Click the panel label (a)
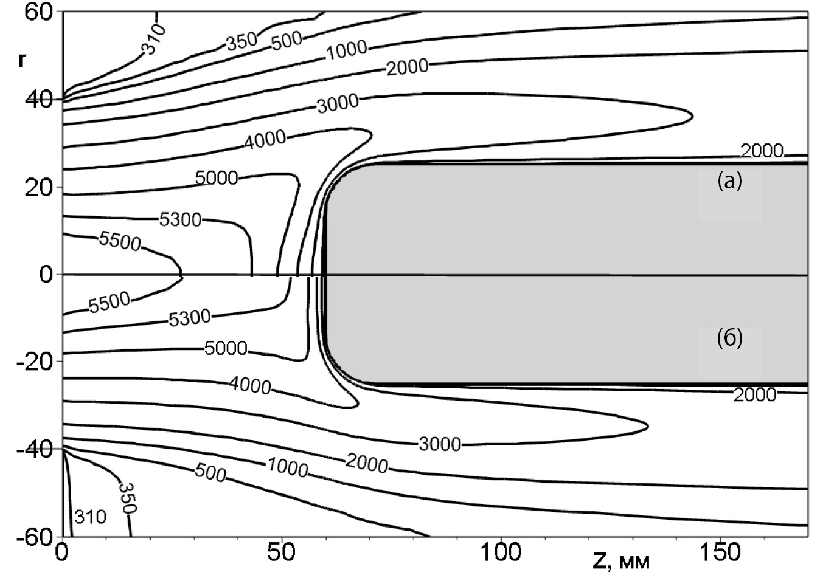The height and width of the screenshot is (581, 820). [729, 181]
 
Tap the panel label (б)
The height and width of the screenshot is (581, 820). [729, 338]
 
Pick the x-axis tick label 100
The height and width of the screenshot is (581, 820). [501, 552]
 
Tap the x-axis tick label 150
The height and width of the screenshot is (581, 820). [720, 552]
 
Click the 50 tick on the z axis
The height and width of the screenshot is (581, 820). [282, 552]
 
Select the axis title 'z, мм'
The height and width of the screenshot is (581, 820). [621, 560]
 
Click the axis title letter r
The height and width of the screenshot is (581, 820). [22, 60]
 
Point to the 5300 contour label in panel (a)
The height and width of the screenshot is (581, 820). [180, 219]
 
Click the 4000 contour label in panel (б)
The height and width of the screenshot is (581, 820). [250, 385]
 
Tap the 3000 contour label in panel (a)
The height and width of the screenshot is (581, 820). [338, 103]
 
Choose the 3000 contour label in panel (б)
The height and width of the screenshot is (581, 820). [440, 444]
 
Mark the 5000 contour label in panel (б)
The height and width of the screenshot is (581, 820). [226, 348]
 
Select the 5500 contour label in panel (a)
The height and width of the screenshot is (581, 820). [120, 241]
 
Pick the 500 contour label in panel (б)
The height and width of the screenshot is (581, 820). [210, 472]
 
